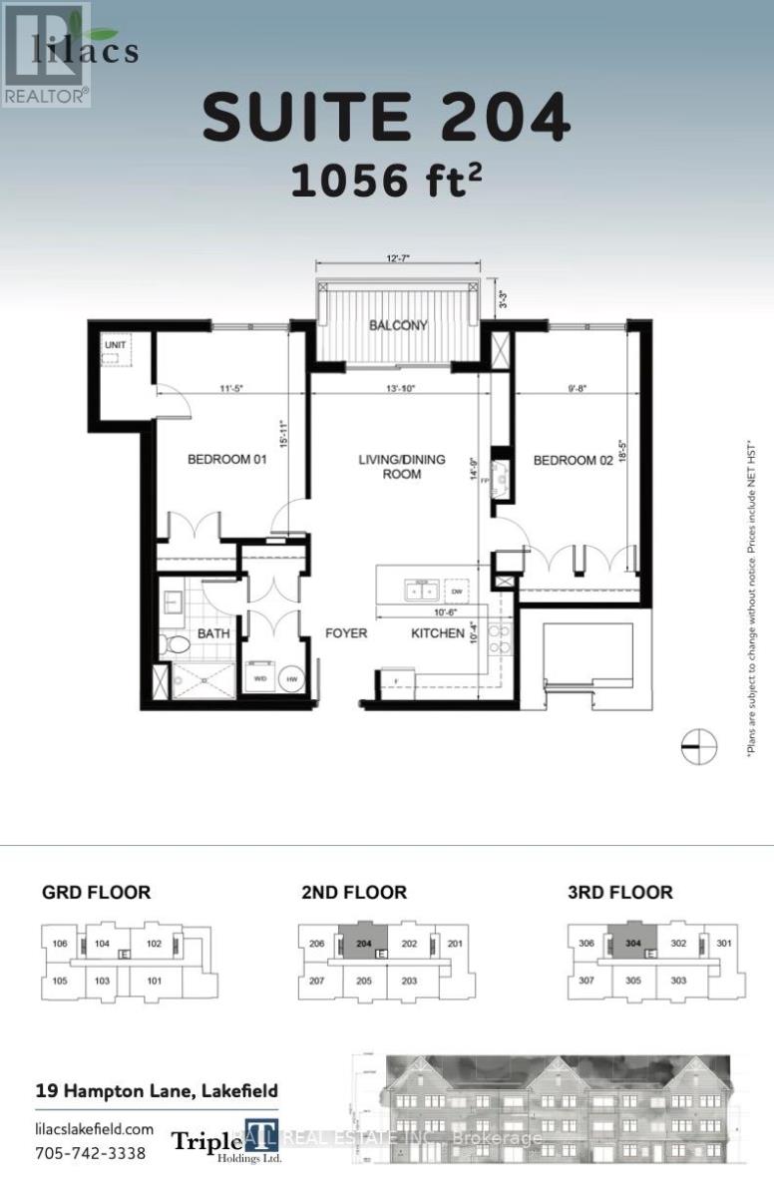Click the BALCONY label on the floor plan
click(x=398, y=325)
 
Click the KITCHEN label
click(x=438, y=633)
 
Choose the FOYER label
click(x=345, y=633)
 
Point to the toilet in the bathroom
click(x=178, y=643)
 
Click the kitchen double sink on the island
click(x=418, y=590)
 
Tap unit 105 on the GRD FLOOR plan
click(x=60, y=982)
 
